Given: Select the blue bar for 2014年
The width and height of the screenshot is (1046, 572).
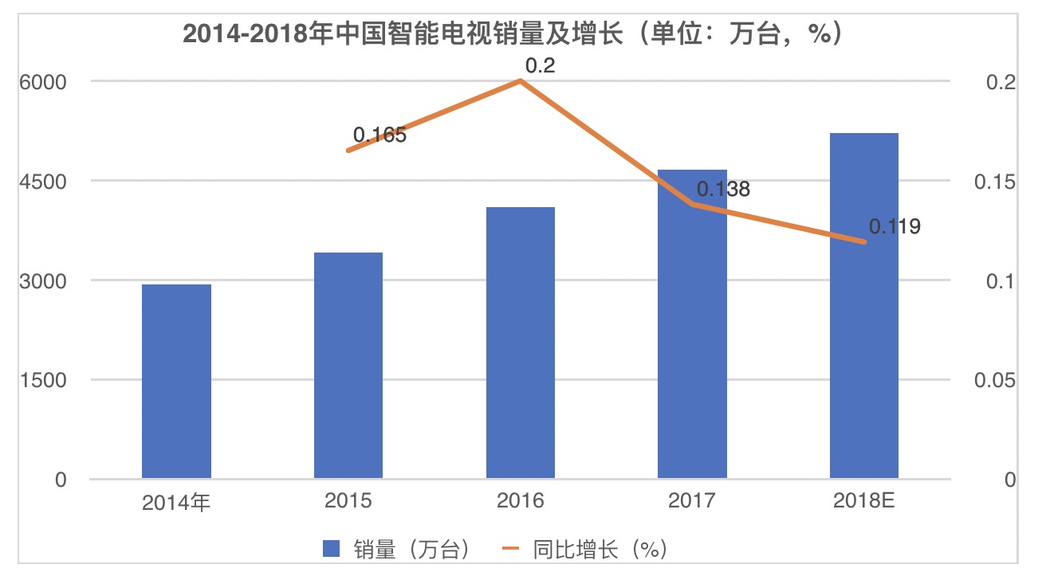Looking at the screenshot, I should tap(176, 382).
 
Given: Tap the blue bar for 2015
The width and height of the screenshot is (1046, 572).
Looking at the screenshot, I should tap(348, 366).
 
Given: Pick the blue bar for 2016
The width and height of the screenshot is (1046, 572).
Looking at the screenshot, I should tap(521, 343).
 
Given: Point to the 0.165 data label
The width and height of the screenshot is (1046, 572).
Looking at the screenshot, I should tap(379, 135).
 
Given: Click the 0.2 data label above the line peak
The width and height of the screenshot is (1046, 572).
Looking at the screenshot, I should tap(540, 66).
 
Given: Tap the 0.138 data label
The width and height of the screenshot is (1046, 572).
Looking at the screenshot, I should tap(723, 190).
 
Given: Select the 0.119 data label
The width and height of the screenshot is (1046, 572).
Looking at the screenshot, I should tap(895, 227).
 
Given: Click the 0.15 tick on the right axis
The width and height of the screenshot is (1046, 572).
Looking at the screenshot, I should tap(995, 182).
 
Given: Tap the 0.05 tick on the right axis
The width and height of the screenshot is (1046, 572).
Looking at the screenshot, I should tap(995, 380).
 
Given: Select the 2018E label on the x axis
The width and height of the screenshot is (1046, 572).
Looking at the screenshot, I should tap(864, 501).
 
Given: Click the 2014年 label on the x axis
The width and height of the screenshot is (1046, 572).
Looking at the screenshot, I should tap(176, 502).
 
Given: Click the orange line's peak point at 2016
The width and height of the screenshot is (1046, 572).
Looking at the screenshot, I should tap(521, 80).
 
